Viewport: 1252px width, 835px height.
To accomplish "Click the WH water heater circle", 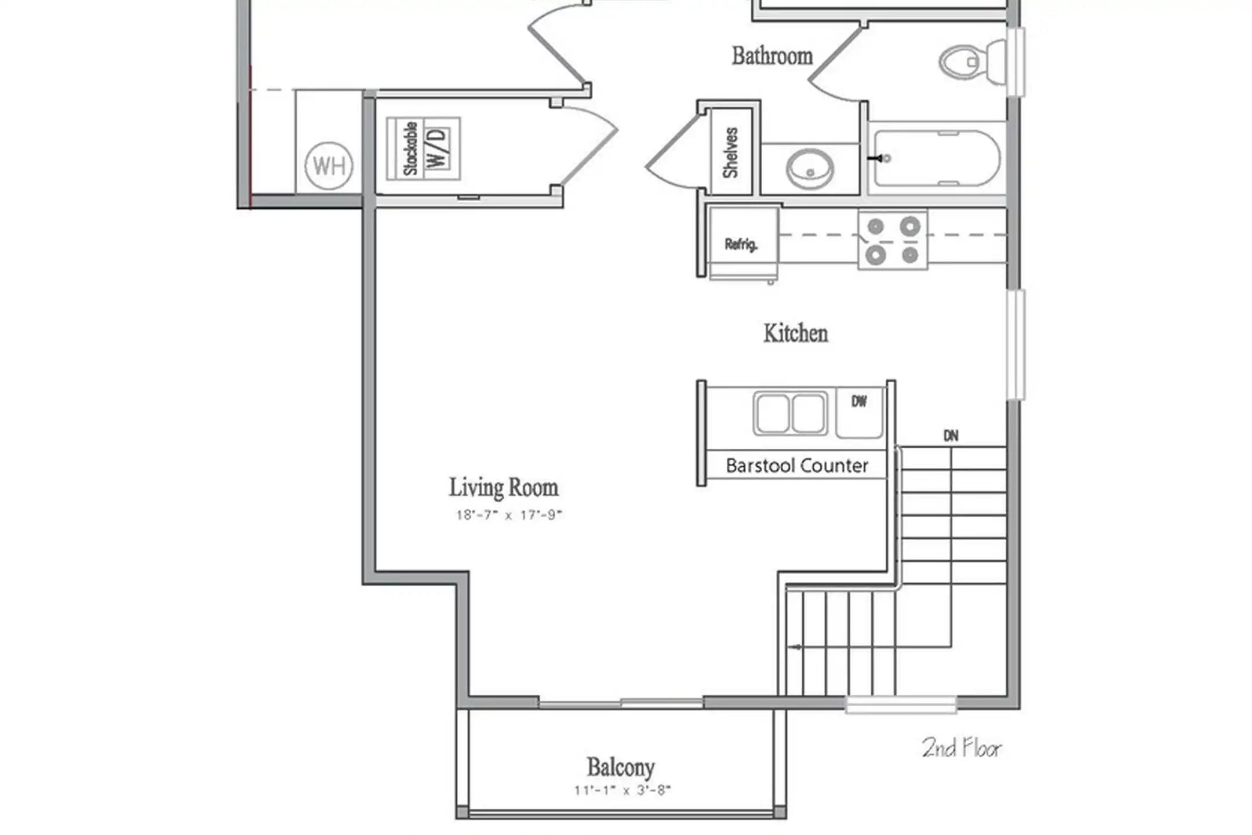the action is coord(329,166).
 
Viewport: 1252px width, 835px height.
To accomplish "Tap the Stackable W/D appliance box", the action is coord(424,148).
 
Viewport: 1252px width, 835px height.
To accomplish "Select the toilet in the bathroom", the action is coord(973,61).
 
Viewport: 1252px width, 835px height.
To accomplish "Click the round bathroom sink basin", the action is coord(810,169).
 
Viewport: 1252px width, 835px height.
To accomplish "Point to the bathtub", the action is coord(937,158).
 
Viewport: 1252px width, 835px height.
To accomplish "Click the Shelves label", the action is coord(730,153).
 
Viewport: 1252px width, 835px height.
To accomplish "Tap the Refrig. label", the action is coord(741,244).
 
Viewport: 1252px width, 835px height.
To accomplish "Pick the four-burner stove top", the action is coord(893,239).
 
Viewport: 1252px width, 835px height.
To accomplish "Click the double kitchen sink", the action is coord(791,413).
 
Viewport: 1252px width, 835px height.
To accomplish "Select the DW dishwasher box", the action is coord(860,412).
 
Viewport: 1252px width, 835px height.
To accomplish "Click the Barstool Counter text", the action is coord(797,466).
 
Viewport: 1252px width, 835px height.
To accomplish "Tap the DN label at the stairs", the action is coord(951,435).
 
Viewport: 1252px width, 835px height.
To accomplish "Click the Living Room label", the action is coord(504,488).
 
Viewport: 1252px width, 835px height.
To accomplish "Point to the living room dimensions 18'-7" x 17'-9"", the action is coord(509,515).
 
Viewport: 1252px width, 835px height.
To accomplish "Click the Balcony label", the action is coord(621,767).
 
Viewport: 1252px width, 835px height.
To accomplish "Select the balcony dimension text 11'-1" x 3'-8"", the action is coord(623,790).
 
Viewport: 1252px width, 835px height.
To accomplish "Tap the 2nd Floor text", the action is coord(962,748).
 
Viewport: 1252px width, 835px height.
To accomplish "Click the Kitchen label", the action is coord(796,333).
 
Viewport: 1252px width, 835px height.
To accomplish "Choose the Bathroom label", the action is coord(772,56).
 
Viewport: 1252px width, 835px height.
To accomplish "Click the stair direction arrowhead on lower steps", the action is coord(794,647).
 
